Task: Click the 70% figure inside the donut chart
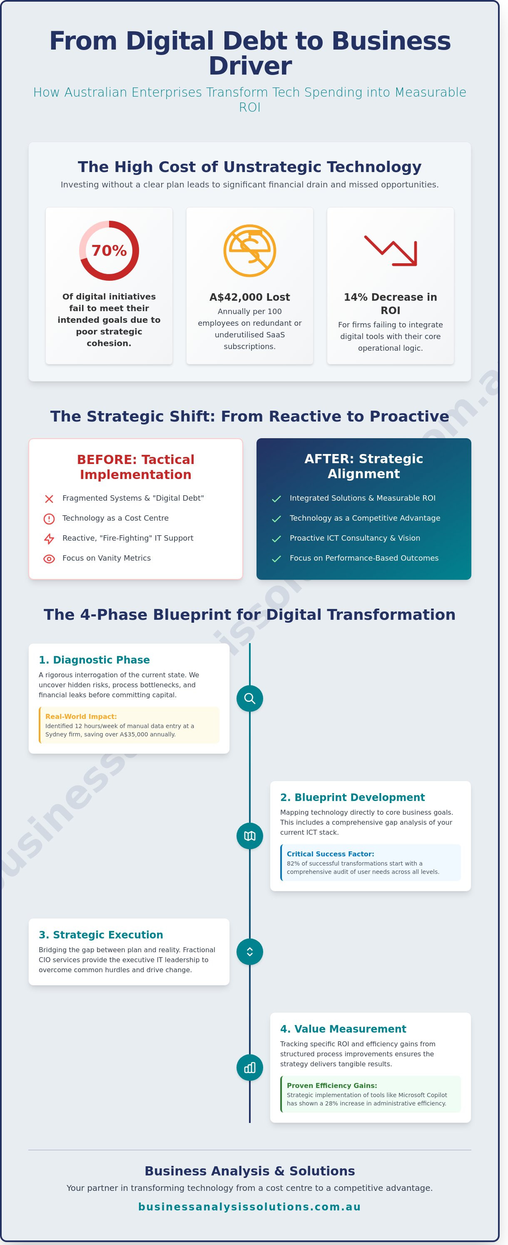(x=109, y=250)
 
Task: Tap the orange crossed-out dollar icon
(x=249, y=250)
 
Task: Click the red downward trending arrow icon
(x=391, y=250)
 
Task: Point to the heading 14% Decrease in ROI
(x=390, y=304)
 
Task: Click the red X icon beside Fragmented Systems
(x=49, y=499)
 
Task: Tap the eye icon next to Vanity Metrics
(x=49, y=559)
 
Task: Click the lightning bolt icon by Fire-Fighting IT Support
(x=49, y=539)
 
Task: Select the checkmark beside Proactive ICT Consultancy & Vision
(x=276, y=539)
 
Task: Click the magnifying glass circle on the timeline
(x=249, y=699)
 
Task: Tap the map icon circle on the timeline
(x=249, y=836)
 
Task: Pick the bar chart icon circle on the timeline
(x=249, y=1067)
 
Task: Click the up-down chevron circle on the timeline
(x=249, y=952)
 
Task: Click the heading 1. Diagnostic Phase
(x=94, y=660)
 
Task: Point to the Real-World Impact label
(x=81, y=716)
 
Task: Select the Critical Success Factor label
(x=330, y=853)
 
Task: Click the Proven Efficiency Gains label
(x=331, y=1085)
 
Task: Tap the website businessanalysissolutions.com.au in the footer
(x=249, y=1207)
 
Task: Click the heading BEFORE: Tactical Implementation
(x=135, y=467)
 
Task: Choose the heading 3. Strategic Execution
(x=100, y=935)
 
